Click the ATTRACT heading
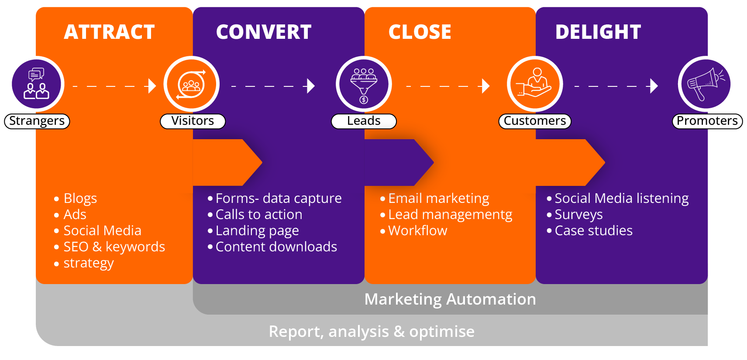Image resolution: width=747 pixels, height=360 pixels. click(109, 32)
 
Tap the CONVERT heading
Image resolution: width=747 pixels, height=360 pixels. click(264, 32)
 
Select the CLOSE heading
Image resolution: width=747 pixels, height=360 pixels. click(420, 32)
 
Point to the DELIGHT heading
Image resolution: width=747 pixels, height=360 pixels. click(598, 32)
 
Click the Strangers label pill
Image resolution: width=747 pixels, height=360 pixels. click(37, 121)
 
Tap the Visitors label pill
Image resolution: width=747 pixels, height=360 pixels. click(193, 121)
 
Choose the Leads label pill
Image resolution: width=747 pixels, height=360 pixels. click(364, 121)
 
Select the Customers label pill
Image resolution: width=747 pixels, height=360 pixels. click(535, 121)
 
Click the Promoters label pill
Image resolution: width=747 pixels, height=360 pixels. click(707, 121)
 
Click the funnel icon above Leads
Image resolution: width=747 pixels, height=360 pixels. click(364, 84)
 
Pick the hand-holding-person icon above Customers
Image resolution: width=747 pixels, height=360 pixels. click(535, 84)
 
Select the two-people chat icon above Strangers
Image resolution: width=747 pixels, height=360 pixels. click(37, 84)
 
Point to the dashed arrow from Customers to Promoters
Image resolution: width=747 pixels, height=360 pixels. click(616, 86)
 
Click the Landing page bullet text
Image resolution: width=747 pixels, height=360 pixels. click(257, 230)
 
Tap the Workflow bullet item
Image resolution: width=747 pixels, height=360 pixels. click(417, 230)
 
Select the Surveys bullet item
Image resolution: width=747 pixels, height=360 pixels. click(578, 214)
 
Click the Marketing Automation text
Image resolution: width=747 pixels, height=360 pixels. click(450, 299)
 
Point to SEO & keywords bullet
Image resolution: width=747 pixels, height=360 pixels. click(114, 247)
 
